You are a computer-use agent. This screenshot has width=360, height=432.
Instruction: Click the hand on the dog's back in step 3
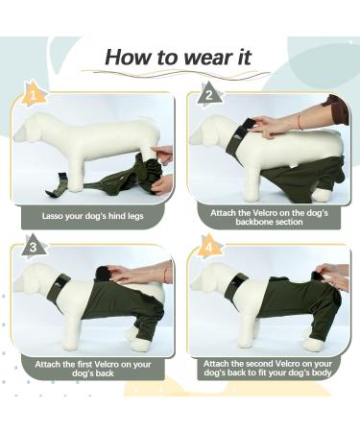pos(134,276)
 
